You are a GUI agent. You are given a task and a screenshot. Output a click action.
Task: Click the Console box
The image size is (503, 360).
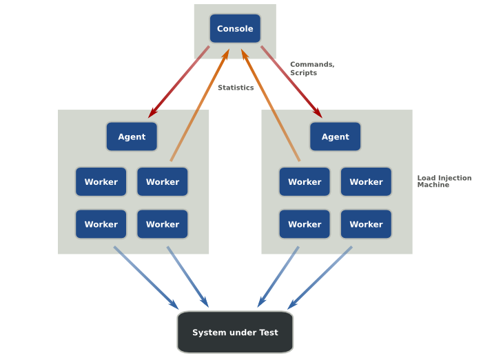[x=235, y=28]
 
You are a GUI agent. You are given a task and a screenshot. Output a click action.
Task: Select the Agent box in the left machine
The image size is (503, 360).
[x=132, y=137]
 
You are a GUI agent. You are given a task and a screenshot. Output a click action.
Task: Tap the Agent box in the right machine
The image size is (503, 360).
[x=335, y=137]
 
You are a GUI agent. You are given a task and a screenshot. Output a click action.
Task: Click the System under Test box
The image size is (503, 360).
[x=235, y=332]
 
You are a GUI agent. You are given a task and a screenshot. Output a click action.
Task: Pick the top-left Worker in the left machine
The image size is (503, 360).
[x=101, y=182]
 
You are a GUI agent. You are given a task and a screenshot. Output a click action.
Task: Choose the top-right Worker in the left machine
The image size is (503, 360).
[x=163, y=182]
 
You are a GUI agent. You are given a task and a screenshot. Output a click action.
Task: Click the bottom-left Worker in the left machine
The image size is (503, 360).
[x=101, y=224]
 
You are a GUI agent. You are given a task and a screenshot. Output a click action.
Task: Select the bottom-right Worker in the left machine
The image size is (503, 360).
[x=163, y=224]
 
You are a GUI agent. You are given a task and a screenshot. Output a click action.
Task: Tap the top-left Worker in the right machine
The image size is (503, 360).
[x=305, y=182]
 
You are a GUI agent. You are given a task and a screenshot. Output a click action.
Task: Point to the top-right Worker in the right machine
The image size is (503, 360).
[x=366, y=182]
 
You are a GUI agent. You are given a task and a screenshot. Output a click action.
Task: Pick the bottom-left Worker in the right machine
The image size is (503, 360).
[x=305, y=224]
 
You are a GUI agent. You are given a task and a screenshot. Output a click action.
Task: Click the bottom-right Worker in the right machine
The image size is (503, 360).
[x=366, y=224]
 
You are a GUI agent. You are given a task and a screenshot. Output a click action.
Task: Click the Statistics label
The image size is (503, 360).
[x=236, y=88]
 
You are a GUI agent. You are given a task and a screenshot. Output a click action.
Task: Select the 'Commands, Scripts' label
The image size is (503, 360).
[x=312, y=68]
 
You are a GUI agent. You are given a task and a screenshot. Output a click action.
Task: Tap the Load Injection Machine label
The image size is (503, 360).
[x=444, y=181]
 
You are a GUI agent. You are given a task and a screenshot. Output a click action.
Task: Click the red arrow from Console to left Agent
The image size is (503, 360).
[x=179, y=81]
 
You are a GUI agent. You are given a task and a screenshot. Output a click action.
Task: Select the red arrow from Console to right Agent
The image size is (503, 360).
[x=291, y=81]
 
